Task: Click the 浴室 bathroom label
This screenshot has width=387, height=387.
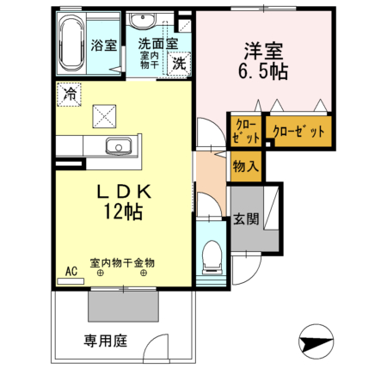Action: [x=104, y=46]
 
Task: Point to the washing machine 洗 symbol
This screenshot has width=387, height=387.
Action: [x=178, y=62]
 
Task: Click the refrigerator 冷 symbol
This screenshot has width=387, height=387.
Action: [x=68, y=94]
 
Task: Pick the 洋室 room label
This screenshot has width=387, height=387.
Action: [x=262, y=48]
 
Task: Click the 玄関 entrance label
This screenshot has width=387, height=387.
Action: [x=245, y=218]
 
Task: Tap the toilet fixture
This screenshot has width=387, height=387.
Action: [x=211, y=256]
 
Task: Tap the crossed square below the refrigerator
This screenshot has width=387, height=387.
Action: [x=105, y=113]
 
